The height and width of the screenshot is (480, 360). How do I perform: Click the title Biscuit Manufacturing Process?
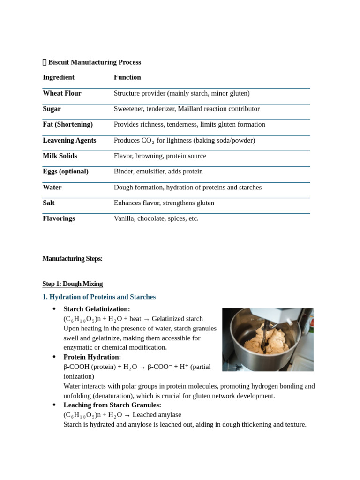pos(94,62)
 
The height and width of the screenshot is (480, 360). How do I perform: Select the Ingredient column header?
pos(59,77)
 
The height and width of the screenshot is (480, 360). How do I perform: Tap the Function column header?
pos(127,77)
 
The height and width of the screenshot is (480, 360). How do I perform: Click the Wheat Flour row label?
pos(62,93)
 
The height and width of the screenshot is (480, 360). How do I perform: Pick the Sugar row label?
pos(52,109)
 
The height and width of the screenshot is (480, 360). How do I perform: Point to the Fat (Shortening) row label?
pos(67,124)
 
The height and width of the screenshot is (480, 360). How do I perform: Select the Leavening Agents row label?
pos(69,140)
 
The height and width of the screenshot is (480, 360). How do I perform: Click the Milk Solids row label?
pos(60,156)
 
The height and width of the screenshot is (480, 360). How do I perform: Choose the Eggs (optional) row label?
pos(66,172)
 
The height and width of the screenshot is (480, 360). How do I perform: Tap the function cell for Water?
pos(187,187)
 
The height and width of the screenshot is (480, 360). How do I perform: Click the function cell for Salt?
pos(164,203)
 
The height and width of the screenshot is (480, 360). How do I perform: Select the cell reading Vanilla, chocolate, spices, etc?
pos(156,218)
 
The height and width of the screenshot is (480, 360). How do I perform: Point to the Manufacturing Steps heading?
pos(72,259)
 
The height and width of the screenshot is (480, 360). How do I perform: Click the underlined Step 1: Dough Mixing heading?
pos(72,284)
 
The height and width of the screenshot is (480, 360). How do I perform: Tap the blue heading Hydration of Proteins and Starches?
pos(102,297)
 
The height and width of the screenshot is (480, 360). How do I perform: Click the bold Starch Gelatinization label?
pos(97,309)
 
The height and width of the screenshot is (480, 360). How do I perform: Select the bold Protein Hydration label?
pos(92,357)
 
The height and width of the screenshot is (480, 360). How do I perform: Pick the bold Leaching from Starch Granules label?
pos(112,405)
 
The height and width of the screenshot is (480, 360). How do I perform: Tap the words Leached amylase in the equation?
pos(157,415)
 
